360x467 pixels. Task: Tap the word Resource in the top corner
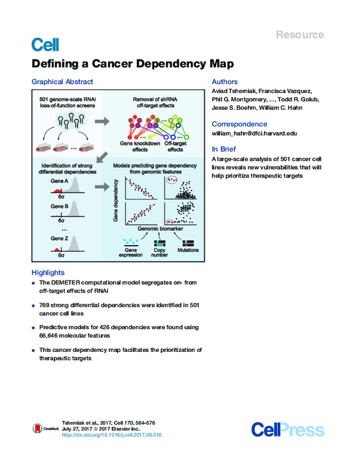[x=300, y=35]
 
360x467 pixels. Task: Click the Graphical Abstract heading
[x=62, y=82]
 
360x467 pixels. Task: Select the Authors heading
[x=225, y=82]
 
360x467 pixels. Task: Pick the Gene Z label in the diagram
[x=58, y=238]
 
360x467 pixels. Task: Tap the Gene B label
[x=58, y=204]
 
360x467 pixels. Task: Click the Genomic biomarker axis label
[x=161, y=228]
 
